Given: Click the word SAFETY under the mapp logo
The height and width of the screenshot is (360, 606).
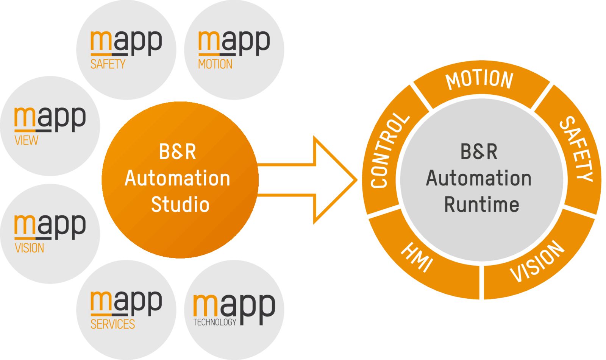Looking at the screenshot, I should click(108, 64).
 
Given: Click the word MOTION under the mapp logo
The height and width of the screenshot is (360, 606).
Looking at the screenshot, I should click(215, 64).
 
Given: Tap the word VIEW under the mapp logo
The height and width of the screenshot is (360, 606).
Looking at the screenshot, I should click(26, 140).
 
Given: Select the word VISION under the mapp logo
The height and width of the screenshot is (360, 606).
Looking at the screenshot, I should click(29, 248).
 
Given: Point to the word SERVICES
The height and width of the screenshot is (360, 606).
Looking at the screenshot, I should click(112, 324).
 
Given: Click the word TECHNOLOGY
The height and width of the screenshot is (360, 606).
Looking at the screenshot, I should click(214, 322).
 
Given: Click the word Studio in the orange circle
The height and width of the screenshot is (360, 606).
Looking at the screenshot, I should click(180, 205).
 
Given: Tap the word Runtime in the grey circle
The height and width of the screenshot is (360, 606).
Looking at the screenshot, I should click(481, 205).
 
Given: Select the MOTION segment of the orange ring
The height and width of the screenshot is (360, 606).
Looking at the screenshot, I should click(479, 80).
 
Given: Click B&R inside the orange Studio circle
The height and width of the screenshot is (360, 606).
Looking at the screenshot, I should click(177, 152).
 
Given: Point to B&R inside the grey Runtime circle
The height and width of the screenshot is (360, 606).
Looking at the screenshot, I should click(479, 152).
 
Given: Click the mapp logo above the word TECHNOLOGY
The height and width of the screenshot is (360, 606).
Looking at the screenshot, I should click(234, 306).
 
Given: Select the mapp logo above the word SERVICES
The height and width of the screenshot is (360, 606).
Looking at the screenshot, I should click(126, 302).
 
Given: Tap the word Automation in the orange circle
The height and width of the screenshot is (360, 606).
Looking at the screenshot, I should click(177, 178).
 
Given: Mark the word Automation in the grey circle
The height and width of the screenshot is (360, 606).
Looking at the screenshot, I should click(479, 178).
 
